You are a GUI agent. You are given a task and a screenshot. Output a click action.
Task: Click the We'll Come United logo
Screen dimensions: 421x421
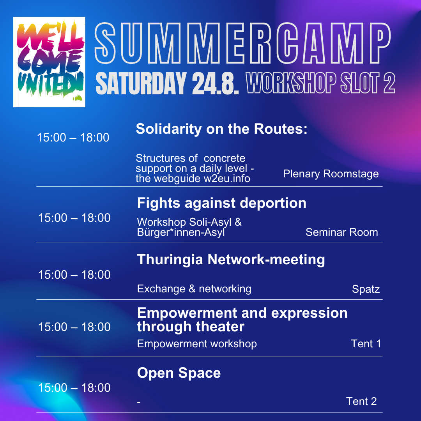[49, 62]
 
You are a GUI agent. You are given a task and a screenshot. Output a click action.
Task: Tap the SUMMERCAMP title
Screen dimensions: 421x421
[242, 43]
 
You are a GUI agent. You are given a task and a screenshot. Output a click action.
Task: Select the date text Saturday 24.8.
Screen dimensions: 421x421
[167, 83]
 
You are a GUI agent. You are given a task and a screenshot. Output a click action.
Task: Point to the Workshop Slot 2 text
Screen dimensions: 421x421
[320, 83]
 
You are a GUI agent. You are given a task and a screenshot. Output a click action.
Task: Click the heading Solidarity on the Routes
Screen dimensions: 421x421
[221, 129]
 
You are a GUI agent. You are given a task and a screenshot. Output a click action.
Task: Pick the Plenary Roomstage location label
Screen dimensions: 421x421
[331, 174]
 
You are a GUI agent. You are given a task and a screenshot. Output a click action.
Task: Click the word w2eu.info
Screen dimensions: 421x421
[227, 179]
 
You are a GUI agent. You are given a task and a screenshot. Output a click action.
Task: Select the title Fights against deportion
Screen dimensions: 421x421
[221, 203]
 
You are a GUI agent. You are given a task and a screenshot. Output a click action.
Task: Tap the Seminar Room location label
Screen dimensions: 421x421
[341, 232]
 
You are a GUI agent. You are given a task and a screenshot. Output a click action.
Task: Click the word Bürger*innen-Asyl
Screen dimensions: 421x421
[181, 232]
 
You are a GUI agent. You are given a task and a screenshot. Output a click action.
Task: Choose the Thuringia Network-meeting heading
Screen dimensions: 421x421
[231, 260]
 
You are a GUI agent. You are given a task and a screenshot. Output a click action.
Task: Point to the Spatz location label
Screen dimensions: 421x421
[366, 289]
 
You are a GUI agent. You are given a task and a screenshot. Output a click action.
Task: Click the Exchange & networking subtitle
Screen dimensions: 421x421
[194, 289]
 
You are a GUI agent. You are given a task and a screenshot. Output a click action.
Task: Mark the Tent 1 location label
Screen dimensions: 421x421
[366, 344]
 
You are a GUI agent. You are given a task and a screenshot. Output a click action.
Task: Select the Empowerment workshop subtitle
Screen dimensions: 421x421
[197, 344]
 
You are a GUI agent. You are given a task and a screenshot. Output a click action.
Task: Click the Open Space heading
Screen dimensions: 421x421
[179, 373]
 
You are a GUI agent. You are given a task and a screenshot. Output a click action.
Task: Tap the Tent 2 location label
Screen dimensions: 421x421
[361, 402]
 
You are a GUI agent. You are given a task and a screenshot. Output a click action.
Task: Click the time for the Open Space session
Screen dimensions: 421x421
[74, 388]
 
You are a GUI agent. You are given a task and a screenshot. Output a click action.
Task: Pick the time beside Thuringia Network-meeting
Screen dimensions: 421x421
[74, 275]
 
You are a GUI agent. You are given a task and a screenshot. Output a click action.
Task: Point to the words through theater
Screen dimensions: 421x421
[191, 327]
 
